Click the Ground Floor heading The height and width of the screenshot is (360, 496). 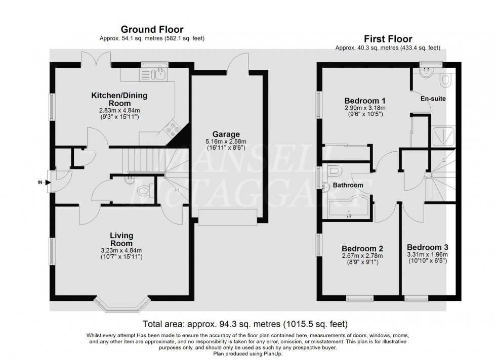152,30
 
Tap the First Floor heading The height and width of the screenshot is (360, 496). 387,39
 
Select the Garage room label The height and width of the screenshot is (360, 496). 229,134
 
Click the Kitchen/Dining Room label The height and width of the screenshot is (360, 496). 114,99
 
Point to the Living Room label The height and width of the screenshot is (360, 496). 121,239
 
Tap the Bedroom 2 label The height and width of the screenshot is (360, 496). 362,248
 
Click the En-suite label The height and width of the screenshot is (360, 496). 433,99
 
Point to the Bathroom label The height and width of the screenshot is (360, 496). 348,186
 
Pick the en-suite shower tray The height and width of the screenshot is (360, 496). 443,135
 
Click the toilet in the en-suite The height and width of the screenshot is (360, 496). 445,79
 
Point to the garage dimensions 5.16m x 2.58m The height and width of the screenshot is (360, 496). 229,142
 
